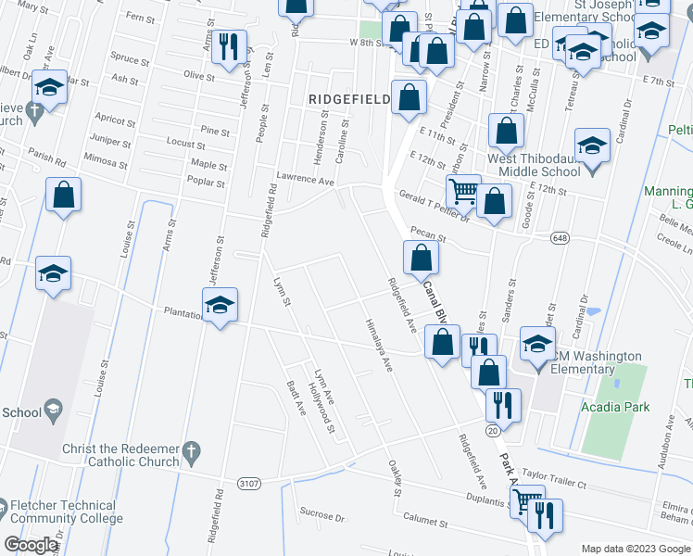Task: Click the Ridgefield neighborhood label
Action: click(349, 97)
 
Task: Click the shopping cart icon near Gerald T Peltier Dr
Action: click(463, 192)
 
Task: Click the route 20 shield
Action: click(493, 431)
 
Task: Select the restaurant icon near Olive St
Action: click(228, 45)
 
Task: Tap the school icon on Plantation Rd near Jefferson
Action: click(220, 305)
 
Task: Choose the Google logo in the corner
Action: click(31, 544)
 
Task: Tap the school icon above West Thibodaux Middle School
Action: click(591, 145)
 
